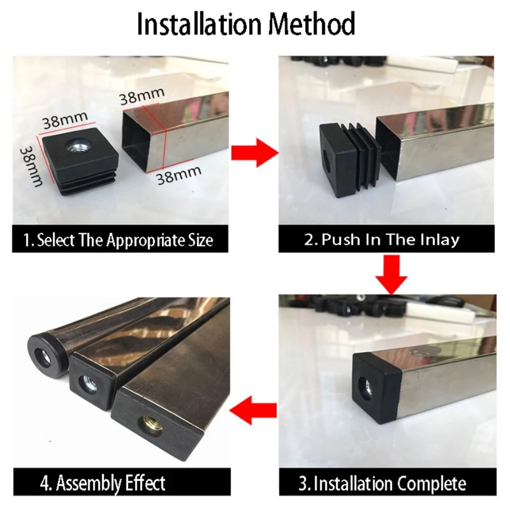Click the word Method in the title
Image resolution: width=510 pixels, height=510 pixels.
pyautogui.click(x=312, y=24)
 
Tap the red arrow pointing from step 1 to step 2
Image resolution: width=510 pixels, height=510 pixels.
pyautogui.click(x=255, y=152)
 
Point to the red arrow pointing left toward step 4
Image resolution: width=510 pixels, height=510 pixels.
pyautogui.click(x=253, y=410)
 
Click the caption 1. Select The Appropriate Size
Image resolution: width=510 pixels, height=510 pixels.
pyautogui.click(x=119, y=241)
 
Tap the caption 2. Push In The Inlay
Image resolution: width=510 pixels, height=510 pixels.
pyautogui.click(x=382, y=240)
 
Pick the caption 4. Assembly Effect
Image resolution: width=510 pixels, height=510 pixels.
pyautogui.click(x=103, y=483)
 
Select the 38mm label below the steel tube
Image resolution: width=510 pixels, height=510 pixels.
pyautogui.click(x=179, y=175)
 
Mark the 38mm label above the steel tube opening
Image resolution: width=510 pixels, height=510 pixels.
pyautogui.click(x=142, y=95)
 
